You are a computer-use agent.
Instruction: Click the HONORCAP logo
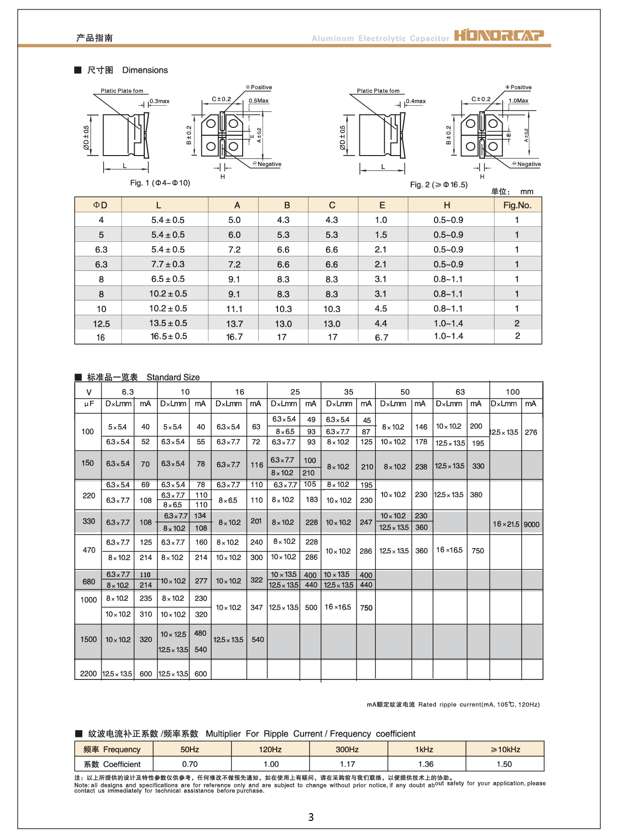click(499, 35)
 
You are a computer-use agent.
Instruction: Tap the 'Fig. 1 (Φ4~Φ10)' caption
click(160, 183)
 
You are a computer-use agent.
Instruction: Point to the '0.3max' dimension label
click(159, 101)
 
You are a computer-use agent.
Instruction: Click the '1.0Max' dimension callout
click(518, 101)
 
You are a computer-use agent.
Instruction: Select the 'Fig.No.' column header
click(517, 205)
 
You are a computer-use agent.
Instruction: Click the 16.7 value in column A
click(234, 337)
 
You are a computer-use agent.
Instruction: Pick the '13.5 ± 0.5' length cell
click(168, 323)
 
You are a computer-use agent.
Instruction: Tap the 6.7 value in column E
click(381, 337)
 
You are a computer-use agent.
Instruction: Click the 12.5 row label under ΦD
click(101, 324)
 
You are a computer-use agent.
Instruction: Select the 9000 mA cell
click(531, 524)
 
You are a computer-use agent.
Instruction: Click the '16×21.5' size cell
click(506, 524)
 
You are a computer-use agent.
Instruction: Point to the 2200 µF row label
click(88, 674)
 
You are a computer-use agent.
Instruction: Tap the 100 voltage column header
click(512, 392)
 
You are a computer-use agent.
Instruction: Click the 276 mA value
click(531, 432)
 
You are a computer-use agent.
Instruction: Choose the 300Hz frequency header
click(347, 749)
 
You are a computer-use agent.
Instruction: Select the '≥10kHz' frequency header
click(505, 749)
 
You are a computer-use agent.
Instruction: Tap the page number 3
click(311, 817)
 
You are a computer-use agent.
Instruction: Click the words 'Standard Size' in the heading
click(173, 377)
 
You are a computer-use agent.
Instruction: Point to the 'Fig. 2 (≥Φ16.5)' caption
click(439, 185)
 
